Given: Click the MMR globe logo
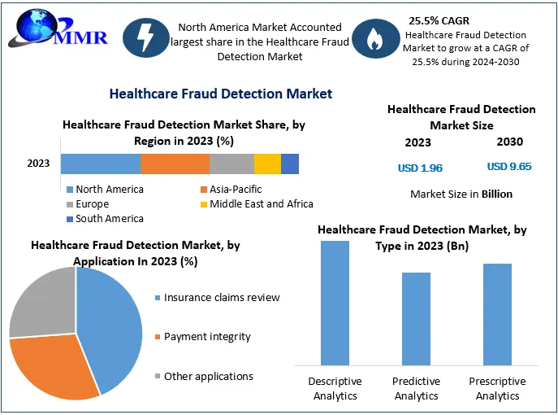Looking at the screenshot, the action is [x=57, y=29].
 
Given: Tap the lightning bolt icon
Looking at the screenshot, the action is [x=146, y=37].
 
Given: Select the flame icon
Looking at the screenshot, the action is [x=375, y=38].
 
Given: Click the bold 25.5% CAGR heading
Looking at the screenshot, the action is [x=439, y=20].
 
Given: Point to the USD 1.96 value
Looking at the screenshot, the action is [x=420, y=168].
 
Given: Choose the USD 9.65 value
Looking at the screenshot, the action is [x=509, y=167].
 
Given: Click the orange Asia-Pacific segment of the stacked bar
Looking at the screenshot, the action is [x=175, y=164].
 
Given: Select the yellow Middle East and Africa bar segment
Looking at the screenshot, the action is [x=267, y=164].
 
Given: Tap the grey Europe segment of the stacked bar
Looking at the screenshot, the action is [x=231, y=164].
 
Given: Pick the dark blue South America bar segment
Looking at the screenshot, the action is [x=290, y=164].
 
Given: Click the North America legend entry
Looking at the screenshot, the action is [x=106, y=190].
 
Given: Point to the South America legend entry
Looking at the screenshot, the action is [x=106, y=219].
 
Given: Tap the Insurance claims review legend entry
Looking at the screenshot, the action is [x=218, y=297].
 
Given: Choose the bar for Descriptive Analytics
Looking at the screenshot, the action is [x=335, y=303].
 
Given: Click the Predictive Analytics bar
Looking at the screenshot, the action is [x=416, y=319].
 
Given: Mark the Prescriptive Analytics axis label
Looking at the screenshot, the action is [x=497, y=389].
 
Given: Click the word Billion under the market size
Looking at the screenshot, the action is [x=497, y=194].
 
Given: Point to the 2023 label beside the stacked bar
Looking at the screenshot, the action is [x=38, y=164].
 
